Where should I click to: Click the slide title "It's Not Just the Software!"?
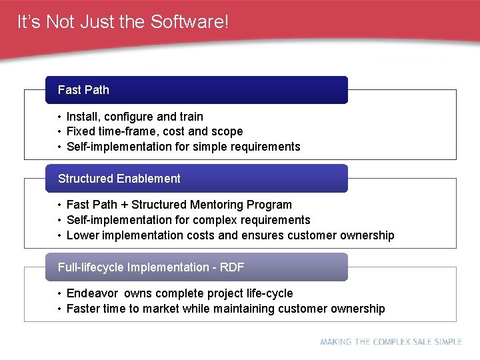[123, 22]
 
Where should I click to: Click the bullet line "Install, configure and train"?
[135, 117]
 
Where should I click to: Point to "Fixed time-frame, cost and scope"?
[155, 131]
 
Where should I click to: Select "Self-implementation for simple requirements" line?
[183, 147]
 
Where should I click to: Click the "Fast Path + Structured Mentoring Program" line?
[179, 205]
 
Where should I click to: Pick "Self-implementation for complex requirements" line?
[188, 220]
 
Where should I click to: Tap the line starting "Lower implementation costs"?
[230, 235]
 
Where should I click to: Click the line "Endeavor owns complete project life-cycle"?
[179, 293]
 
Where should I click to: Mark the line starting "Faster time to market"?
[225, 309]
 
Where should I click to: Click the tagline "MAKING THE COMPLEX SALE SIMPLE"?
[391, 342]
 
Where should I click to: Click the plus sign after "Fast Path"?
[124, 205]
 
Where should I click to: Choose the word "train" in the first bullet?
[191, 117]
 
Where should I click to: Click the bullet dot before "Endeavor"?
[59, 294]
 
